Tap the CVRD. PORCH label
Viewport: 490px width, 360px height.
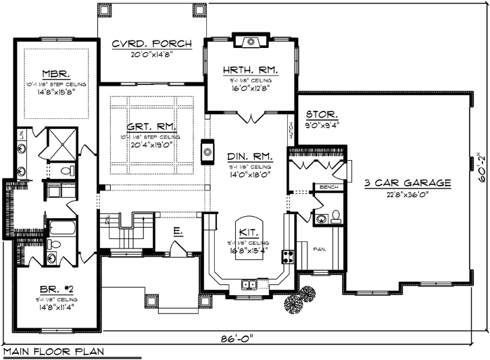click(x=151, y=44)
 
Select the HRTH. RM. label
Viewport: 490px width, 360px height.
click(x=250, y=69)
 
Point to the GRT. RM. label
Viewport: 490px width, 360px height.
click(x=151, y=126)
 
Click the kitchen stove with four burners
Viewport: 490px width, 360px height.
click(x=287, y=256)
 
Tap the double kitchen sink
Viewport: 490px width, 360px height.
click(x=250, y=284)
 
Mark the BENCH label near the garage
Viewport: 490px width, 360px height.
click(x=329, y=187)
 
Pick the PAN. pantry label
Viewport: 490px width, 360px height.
click(x=320, y=249)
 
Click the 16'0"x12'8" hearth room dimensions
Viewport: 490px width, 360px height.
click(x=250, y=86)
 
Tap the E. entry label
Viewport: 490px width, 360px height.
click(x=176, y=231)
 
